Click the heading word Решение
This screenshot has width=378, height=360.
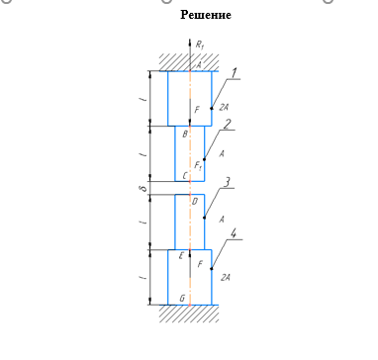(206, 15)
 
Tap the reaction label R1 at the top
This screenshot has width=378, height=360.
(200, 45)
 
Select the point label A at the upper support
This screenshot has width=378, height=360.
(199, 65)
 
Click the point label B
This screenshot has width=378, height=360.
(185, 134)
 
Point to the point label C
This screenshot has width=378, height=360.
(185, 176)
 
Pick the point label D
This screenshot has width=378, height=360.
(195, 201)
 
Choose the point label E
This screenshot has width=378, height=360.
(181, 256)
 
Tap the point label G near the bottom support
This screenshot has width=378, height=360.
(182, 299)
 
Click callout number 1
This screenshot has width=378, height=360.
(234, 73)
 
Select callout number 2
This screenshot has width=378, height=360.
(228, 125)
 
